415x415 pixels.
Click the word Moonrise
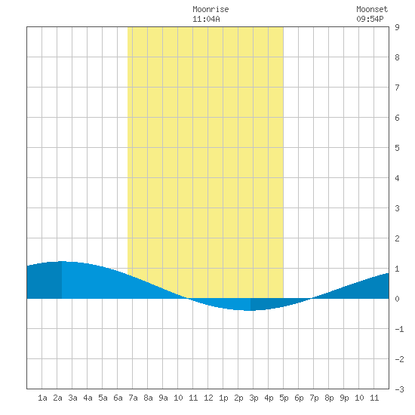coord(211,9)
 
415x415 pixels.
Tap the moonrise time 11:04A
coord(206,19)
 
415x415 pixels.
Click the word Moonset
coord(372,9)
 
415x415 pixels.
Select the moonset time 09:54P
coord(370,19)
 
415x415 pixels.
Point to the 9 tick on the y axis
coord(397,27)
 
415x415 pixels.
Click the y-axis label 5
coord(397,148)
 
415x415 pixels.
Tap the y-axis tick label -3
coord(399,389)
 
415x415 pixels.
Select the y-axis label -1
coord(399,329)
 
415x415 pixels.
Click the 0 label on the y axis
coord(397,299)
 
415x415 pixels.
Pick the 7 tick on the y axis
coord(397,88)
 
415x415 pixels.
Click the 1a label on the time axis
coord(42,398)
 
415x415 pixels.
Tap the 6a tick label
coord(118,398)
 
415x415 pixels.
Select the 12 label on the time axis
coord(208,398)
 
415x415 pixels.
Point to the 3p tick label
coord(254,398)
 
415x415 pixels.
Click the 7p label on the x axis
coord(314,398)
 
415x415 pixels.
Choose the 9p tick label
coord(344,398)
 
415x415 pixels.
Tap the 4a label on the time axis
coord(88,398)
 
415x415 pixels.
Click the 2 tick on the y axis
coord(397,238)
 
